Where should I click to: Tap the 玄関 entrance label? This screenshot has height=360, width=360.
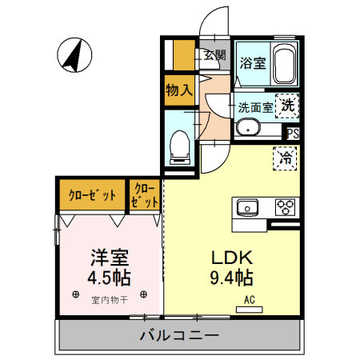214,56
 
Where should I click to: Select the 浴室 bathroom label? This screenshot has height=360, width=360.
253,63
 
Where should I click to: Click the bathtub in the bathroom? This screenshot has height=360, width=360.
285,63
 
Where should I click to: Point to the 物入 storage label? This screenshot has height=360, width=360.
179,90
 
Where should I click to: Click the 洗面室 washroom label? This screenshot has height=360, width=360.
255,106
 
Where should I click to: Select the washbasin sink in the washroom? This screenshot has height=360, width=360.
248,127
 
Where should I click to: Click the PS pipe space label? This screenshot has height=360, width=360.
292,134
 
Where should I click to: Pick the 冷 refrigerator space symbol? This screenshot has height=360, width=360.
284,158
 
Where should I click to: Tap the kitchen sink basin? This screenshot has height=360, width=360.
247,208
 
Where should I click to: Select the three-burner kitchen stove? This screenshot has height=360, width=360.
286,207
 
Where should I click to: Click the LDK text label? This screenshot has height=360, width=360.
231,258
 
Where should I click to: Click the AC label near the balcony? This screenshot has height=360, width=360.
249,302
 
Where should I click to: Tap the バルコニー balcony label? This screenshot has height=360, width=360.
179,334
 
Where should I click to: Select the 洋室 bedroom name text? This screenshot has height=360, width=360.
109,258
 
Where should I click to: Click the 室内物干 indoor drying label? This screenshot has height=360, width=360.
110,301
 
